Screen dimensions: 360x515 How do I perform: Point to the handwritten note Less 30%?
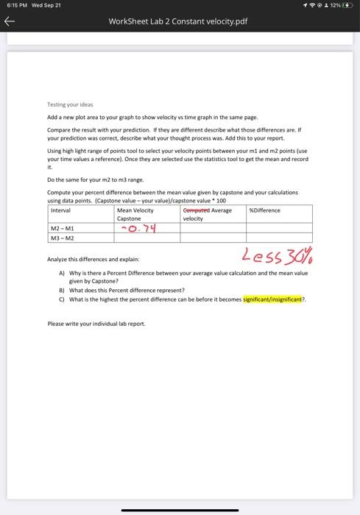pos(274,257)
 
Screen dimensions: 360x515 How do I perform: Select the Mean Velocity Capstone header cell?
pos(135,214)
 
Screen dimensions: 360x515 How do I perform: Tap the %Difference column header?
pos(264,210)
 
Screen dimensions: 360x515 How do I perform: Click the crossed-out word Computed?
pos(196,210)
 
